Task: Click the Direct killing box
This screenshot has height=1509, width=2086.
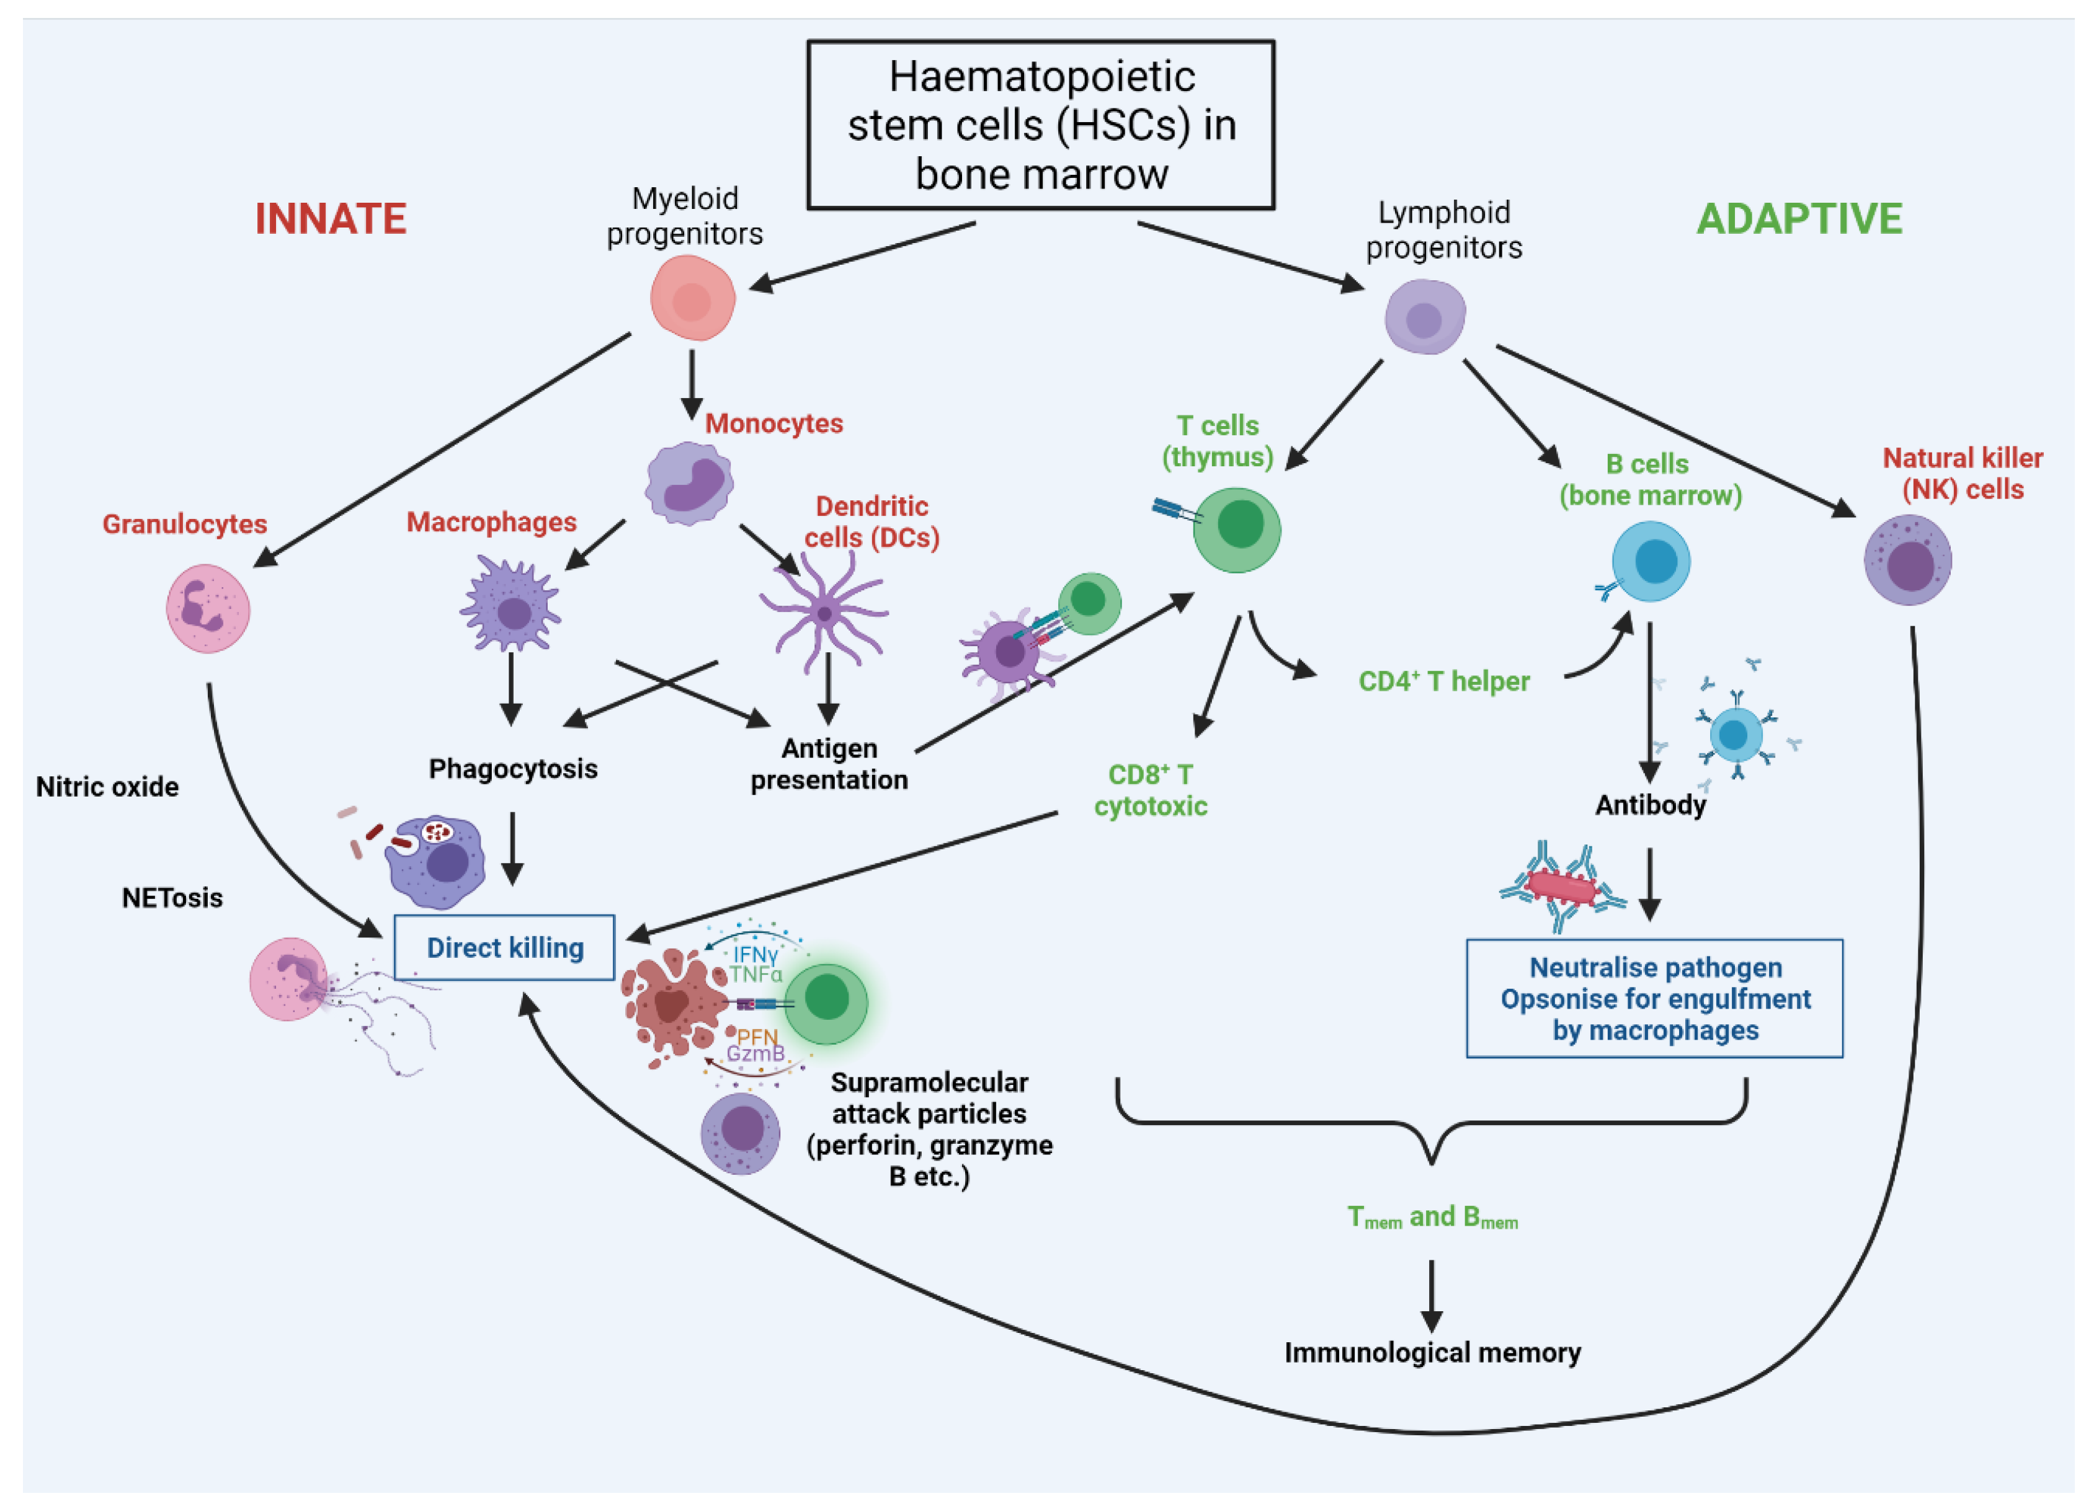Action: [x=504, y=947]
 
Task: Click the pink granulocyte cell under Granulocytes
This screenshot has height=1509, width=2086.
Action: [x=208, y=609]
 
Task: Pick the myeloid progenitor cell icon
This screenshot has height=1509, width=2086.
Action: [x=693, y=299]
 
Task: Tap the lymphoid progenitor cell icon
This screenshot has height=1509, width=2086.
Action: [x=1425, y=317]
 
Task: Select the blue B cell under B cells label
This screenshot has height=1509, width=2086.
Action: [x=1651, y=561]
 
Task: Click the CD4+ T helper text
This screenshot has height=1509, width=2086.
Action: [x=1444, y=681]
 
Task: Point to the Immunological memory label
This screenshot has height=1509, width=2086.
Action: [x=1432, y=1353]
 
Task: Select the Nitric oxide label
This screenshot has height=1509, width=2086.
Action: [x=107, y=787]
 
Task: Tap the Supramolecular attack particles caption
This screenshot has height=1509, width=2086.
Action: [x=929, y=1129]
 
